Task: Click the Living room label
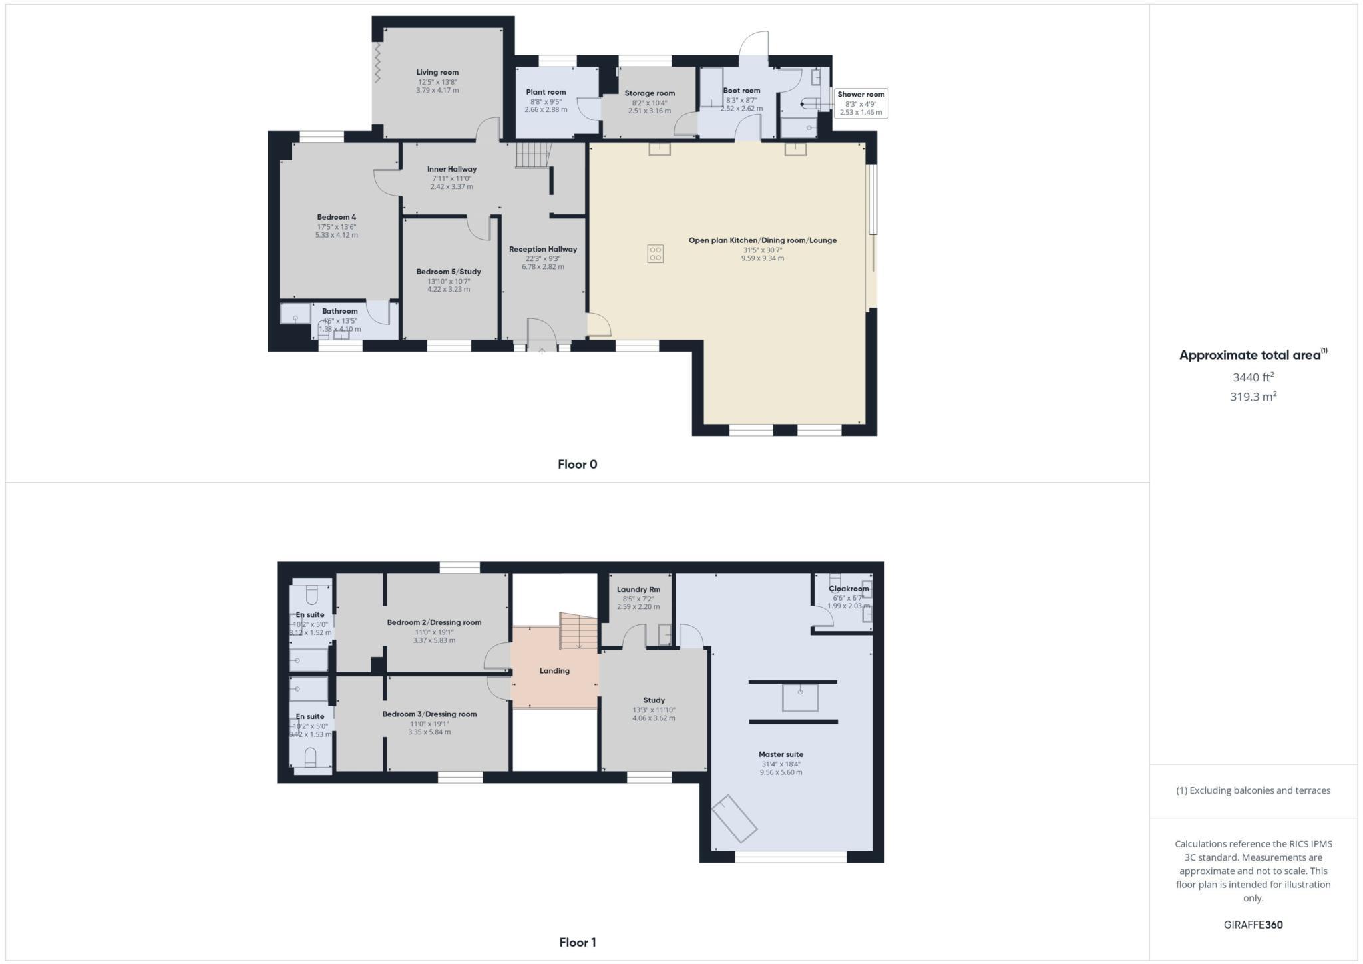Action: click(x=437, y=73)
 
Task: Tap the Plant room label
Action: click(x=546, y=93)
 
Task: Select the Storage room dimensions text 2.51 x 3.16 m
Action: click(x=649, y=111)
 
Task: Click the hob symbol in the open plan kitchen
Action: click(x=655, y=254)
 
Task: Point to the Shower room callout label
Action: click(x=861, y=95)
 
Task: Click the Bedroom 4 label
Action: click(x=336, y=218)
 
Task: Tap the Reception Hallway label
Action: click(x=542, y=250)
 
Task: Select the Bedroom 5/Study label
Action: click(x=448, y=272)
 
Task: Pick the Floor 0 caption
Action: click(x=577, y=465)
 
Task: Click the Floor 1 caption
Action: click(x=577, y=943)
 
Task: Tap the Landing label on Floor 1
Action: click(x=554, y=671)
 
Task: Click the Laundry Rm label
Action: click(x=638, y=589)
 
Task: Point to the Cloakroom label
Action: click(x=849, y=589)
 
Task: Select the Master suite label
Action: click(x=781, y=754)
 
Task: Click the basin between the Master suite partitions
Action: click(x=799, y=698)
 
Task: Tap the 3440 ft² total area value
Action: click(x=1253, y=377)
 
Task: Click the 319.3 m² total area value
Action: click(x=1253, y=397)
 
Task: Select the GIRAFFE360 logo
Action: click(x=1253, y=925)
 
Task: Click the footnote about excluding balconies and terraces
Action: click(x=1253, y=790)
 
